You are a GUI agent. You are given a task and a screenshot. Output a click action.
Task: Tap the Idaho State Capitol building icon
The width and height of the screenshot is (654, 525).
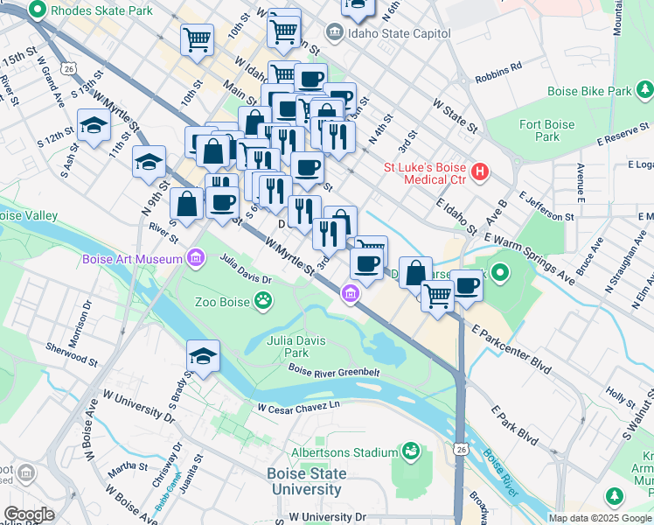point(334,33)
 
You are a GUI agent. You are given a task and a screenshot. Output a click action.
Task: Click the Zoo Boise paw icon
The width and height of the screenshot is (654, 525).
point(262,302)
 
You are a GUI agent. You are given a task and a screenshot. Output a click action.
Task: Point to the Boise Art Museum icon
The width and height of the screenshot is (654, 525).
point(195,258)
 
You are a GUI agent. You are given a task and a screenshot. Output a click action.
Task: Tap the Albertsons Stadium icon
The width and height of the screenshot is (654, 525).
point(410,451)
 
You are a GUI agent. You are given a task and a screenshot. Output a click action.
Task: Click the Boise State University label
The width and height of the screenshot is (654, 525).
point(305,481)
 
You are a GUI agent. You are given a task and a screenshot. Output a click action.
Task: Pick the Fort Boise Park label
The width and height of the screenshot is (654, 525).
point(547,130)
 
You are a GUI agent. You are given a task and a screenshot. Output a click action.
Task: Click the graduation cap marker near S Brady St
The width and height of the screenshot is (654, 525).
point(203,357)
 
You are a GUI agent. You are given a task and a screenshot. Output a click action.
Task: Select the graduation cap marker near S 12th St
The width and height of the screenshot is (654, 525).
point(94,126)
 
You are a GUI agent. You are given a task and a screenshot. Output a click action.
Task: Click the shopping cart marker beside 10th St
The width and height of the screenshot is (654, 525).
point(198,39)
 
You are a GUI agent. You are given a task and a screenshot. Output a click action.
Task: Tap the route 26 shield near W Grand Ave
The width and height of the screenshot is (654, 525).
point(66,68)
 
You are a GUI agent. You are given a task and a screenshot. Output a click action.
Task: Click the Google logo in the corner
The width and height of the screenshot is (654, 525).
point(29,514)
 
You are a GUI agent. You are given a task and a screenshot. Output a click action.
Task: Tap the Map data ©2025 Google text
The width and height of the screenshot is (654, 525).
point(599,518)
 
